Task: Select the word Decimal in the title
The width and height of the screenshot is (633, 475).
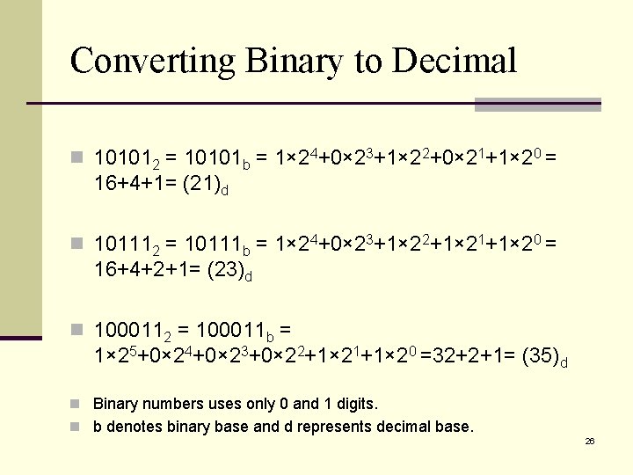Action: [x=454, y=61]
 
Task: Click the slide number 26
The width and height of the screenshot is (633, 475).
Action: [x=590, y=441]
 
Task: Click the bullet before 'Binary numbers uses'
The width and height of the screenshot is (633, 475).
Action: [x=77, y=405]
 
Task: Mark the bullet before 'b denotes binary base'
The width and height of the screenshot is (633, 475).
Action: [x=77, y=427]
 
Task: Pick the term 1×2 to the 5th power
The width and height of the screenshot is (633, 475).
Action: [x=114, y=356]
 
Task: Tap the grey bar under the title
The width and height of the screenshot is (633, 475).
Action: [x=537, y=105]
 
